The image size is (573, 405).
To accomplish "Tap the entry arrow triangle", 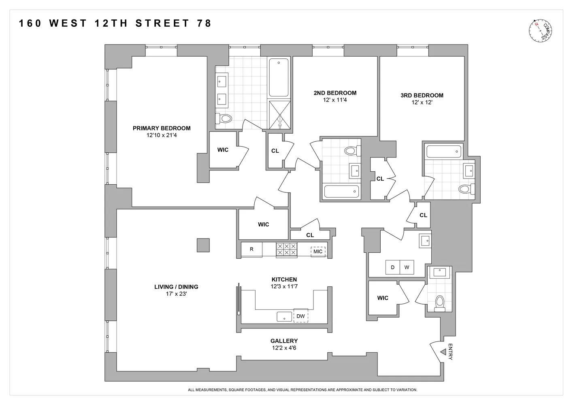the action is (x=443, y=352).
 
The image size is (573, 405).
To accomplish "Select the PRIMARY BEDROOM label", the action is (x=162, y=128).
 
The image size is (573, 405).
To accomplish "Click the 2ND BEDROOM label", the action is (x=335, y=93).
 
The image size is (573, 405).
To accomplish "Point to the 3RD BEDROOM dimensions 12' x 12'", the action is (x=422, y=102).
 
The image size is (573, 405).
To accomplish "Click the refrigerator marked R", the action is (x=251, y=249).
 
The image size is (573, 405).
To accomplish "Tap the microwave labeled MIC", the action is (x=318, y=252).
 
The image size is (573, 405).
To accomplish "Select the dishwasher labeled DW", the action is (x=300, y=316).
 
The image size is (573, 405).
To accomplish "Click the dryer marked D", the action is (x=393, y=267).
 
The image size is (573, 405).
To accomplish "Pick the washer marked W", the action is (x=407, y=267).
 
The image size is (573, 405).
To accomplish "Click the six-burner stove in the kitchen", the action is (x=287, y=249).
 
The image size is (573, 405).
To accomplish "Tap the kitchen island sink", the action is (x=284, y=316).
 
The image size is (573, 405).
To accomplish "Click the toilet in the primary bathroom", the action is (x=224, y=118).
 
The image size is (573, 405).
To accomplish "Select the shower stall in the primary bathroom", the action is (x=280, y=115).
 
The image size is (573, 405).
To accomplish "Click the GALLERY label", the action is (x=284, y=341).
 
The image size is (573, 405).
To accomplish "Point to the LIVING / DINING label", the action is (x=176, y=287).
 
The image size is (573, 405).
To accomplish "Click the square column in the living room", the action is (x=203, y=245).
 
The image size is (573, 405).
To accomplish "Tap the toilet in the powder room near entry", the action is (x=440, y=303).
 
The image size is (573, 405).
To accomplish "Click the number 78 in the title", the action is (x=204, y=23).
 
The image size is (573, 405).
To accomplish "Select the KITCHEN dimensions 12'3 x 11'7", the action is (x=284, y=286).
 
